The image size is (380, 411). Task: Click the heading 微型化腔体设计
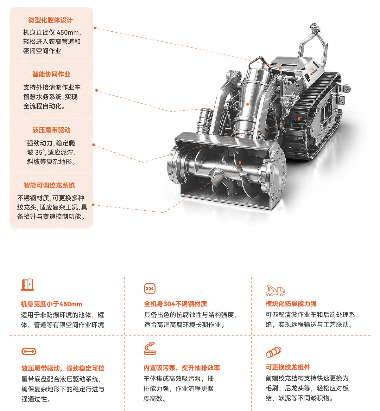coord(50,20)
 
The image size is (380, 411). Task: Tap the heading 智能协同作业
coord(51,74)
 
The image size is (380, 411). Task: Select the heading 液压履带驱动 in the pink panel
coord(51,130)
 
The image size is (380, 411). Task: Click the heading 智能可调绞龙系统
coord(49,185)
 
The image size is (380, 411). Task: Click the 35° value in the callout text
coord(39,152)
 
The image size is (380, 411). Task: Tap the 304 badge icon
coord(150,288)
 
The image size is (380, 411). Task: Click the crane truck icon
coord(275,291)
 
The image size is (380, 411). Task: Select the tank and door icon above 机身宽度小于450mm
coord(27,285)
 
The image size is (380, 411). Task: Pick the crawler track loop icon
coord(29,351)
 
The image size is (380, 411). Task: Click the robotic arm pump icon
coord(150,349)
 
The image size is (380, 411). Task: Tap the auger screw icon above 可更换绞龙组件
coord(274,352)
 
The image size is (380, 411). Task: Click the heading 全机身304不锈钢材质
coord(175,304)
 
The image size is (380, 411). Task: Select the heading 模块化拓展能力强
coord(291,304)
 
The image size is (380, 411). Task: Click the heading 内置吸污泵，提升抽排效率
coord(182,368)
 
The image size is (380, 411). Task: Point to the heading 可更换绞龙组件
coord(288,367)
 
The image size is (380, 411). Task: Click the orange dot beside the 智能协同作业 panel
coord(96,90)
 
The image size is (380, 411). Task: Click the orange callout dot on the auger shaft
coord(240,163)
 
